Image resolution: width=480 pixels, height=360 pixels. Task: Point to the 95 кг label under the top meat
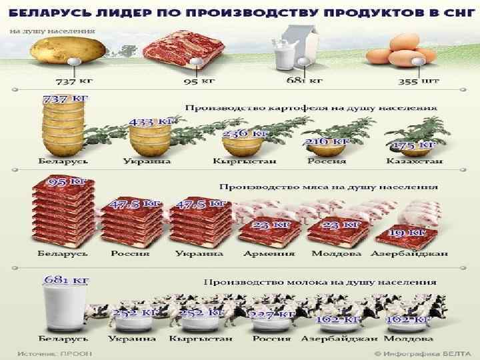[x=199, y=82]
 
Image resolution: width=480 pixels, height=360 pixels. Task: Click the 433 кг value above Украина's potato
[x=151, y=123]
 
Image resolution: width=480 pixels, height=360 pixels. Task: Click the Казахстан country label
[x=414, y=161]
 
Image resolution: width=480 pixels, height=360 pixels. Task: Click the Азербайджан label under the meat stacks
[x=409, y=254]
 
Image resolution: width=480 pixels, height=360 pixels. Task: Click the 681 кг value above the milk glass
[x=65, y=281]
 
